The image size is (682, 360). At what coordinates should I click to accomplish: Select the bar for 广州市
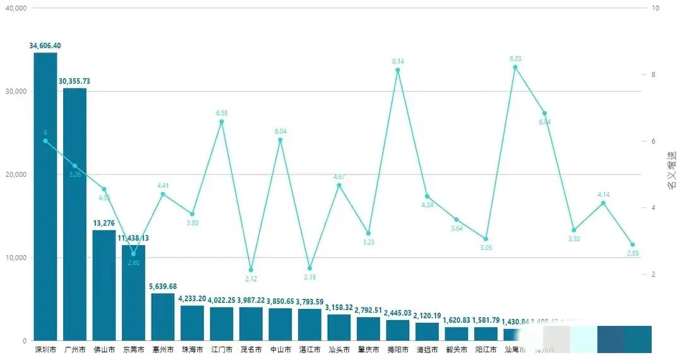(75, 215)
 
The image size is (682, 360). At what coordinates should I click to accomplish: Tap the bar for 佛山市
(104, 285)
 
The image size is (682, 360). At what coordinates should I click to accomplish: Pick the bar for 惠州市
(163, 317)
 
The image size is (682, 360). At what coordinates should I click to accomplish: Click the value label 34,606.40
(45, 45)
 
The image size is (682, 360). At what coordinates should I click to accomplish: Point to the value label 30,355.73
(75, 81)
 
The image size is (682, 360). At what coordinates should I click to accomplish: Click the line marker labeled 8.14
(398, 70)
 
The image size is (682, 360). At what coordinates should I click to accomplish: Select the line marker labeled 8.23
(515, 67)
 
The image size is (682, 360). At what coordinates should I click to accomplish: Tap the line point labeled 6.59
(222, 121)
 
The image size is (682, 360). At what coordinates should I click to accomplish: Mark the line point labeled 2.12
(251, 270)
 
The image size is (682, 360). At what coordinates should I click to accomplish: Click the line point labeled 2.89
(632, 244)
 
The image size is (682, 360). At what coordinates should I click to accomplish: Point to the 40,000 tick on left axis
(15, 8)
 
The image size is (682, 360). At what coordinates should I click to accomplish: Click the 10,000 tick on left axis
(15, 258)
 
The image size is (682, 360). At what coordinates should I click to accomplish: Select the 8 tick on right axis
(655, 75)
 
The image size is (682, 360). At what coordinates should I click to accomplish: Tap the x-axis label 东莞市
(133, 349)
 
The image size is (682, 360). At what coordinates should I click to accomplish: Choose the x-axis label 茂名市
(251, 349)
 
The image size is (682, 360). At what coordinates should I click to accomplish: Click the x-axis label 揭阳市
(398, 349)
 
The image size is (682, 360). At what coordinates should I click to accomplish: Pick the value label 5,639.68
(163, 286)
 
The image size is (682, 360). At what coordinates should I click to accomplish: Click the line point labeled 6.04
(280, 140)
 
